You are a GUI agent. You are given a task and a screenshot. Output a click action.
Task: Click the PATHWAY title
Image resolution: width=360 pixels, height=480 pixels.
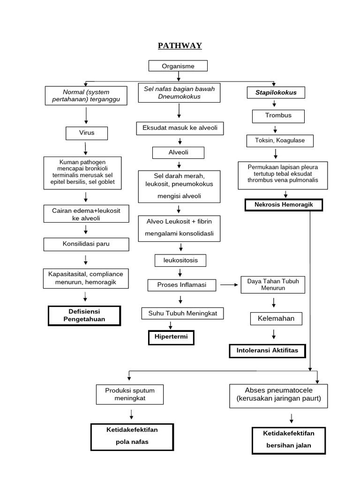[180, 45]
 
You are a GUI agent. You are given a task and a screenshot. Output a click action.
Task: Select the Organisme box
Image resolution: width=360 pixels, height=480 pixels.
[178, 66]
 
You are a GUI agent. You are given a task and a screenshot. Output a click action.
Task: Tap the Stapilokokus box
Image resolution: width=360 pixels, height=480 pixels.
[276, 93]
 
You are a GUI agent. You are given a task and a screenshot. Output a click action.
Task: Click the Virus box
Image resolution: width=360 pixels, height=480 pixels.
[87, 133]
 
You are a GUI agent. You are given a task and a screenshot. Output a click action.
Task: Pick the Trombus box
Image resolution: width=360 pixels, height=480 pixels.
[278, 116]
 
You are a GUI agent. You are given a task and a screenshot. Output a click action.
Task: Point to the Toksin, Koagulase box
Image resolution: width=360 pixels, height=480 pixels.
[280, 141]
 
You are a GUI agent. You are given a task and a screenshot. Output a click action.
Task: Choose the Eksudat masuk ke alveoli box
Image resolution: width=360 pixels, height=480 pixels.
[180, 128]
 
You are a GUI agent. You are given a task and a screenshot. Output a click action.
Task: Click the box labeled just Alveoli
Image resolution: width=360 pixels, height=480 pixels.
[178, 153]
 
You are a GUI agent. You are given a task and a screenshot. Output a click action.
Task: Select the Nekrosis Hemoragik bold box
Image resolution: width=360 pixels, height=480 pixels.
[284, 205]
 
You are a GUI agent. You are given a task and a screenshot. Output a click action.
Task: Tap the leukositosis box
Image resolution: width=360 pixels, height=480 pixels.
[180, 260]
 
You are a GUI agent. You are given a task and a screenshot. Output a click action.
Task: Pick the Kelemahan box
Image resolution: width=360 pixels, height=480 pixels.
[276, 319]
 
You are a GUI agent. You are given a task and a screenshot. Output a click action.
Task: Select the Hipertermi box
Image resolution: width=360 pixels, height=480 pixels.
[171, 337]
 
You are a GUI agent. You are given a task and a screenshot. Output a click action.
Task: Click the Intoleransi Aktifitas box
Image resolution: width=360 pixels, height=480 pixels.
[266, 351]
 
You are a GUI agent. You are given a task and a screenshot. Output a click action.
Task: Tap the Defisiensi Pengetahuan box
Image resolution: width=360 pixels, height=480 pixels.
[84, 315]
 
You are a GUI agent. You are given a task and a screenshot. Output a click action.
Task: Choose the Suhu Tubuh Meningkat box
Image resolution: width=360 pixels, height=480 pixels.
[182, 313]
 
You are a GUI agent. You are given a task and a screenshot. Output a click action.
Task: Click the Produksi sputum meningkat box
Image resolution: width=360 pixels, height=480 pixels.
[130, 394]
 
